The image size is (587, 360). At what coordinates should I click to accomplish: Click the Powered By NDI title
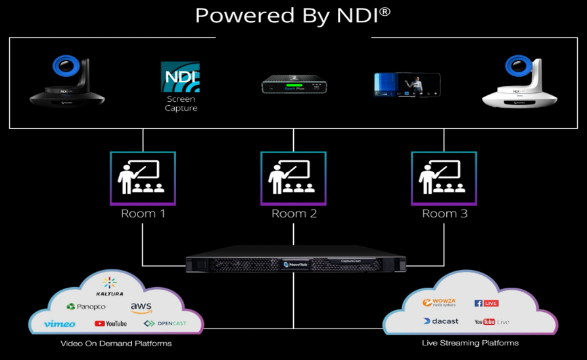(x=293, y=15)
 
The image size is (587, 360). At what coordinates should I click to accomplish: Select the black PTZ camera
(x=66, y=81)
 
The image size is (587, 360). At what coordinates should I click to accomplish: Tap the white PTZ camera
(x=519, y=81)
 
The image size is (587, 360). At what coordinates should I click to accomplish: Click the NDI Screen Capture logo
(x=180, y=86)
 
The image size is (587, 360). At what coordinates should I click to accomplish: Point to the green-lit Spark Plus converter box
(x=293, y=85)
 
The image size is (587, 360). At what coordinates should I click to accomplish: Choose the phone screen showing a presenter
(x=407, y=85)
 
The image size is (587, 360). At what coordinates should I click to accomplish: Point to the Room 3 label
(x=444, y=214)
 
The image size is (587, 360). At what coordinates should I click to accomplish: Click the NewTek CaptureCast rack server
(x=296, y=263)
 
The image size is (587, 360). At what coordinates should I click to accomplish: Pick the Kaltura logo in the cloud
(x=109, y=286)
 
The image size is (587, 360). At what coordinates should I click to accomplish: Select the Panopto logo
(x=86, y=307)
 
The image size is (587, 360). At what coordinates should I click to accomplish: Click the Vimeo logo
(x=59, y=323)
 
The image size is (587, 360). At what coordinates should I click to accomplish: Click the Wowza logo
(x=440, y=303)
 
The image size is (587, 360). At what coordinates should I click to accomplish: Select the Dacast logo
(x=441, y=321)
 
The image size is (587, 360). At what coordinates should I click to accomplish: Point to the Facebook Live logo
(x=486, y=303)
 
